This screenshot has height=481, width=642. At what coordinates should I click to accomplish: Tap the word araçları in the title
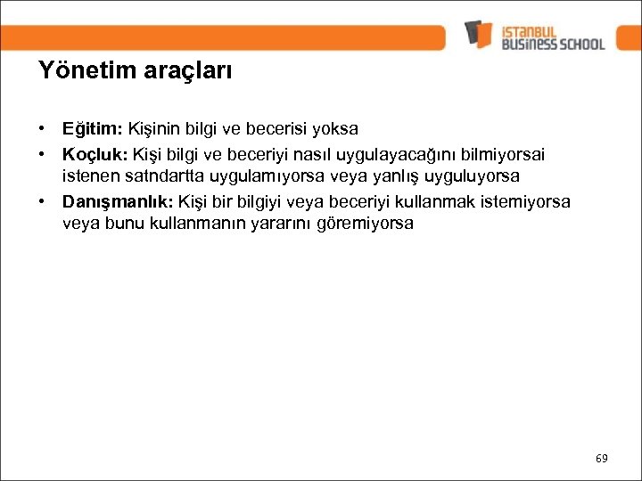pyautogui.click(x=189, y=70)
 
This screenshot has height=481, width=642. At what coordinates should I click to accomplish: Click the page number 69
pyautogui.click(x=601, y=458)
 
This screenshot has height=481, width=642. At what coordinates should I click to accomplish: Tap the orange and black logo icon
pyautogui.click(x=478, y=34)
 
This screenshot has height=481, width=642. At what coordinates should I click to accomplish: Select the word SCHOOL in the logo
pyautogui.click(x=579, y=43)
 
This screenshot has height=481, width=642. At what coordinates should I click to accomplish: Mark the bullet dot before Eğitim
pyautogui.click(x=42, y=129)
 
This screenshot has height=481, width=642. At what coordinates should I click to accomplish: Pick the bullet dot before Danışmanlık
pyautogui.click(x=42, y=200)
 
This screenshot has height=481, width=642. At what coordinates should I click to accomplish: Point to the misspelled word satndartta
pyautogui.click(x=166, y=176)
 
